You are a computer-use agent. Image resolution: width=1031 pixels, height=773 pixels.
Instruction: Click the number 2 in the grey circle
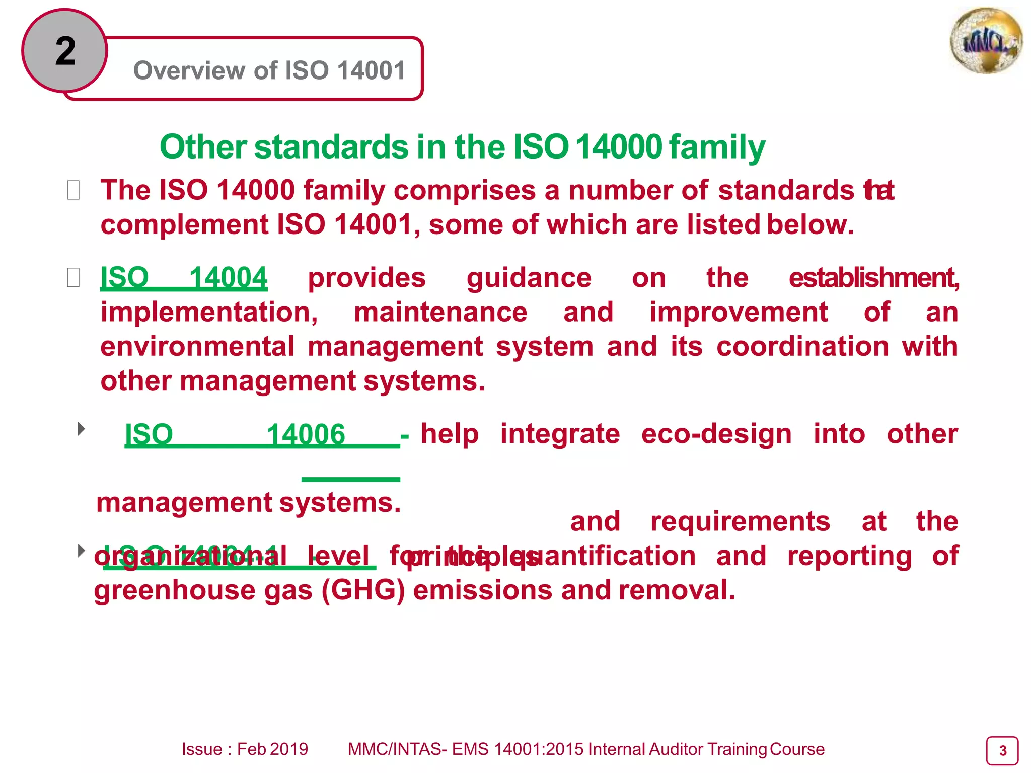click(65, 51)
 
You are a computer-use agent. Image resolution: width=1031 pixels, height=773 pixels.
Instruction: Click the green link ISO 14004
click(184, 278)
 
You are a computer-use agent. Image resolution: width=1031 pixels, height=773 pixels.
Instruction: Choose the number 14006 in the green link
click(306, 434)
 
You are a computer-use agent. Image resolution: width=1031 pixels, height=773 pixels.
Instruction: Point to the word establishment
click(873, 278)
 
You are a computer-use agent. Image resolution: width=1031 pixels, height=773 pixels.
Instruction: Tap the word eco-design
click(716, 434)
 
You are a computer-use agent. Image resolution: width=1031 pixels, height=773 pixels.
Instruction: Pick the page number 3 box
click(1002, 751)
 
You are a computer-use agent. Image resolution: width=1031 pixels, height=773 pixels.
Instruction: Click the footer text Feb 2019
click(272, 749)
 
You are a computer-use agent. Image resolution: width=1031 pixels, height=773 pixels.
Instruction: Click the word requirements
click(740, 522)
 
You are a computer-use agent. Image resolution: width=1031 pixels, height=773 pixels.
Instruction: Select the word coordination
click(802, 347)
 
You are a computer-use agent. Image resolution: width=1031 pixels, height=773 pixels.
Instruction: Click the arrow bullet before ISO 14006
click(81, 429)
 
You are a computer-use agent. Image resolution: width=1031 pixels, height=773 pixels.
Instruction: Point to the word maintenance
click(440, 313)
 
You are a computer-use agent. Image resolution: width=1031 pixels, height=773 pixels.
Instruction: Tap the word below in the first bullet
click(810, 225)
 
